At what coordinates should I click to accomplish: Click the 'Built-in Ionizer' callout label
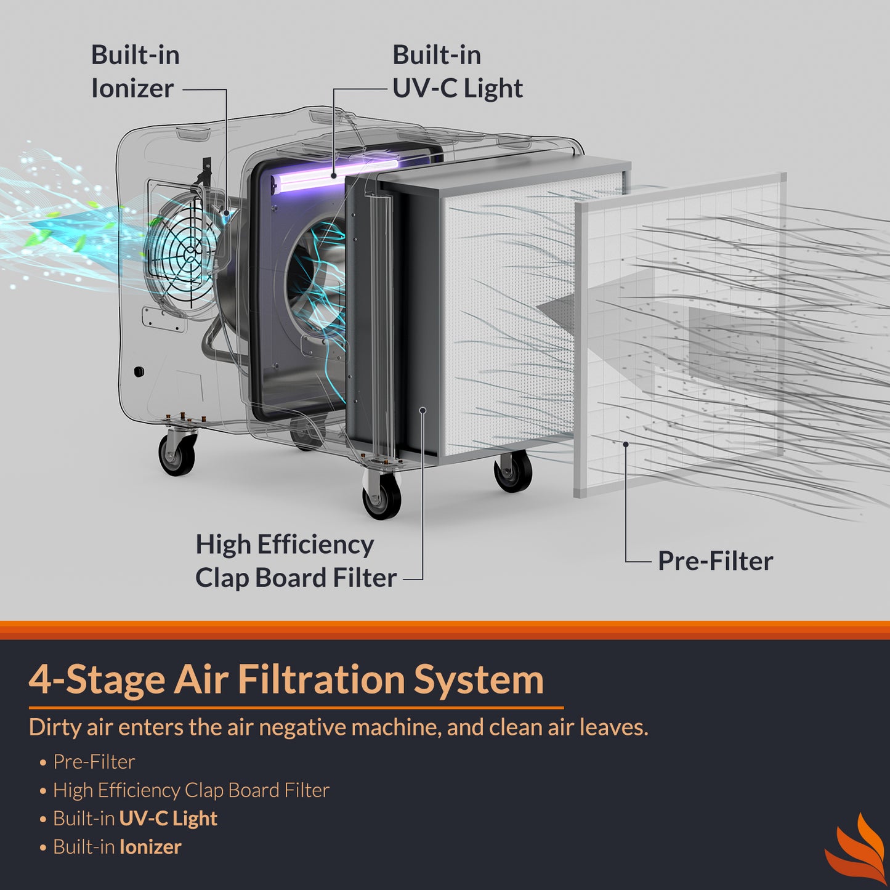[135, 71]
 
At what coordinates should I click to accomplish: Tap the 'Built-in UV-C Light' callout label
[457, 71]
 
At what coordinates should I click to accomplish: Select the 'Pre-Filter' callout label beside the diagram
[715, 561]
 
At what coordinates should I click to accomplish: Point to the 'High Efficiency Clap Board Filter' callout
[296, 561]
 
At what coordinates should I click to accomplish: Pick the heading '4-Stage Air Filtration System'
[286, 679]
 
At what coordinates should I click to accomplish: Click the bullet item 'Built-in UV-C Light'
[135, 819]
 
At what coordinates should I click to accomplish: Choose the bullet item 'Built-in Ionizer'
[117, 847]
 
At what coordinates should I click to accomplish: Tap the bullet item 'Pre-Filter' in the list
[94, 762]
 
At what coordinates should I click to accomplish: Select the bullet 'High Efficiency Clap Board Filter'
[191, 790]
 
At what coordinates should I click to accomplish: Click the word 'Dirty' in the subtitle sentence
[55, 727]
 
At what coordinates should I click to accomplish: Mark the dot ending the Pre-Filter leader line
[625, 444]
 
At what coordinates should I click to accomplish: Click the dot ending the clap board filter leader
[423, 410]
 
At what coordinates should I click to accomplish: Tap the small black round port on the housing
[139, 371]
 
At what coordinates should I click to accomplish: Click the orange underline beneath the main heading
[296, 708]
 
